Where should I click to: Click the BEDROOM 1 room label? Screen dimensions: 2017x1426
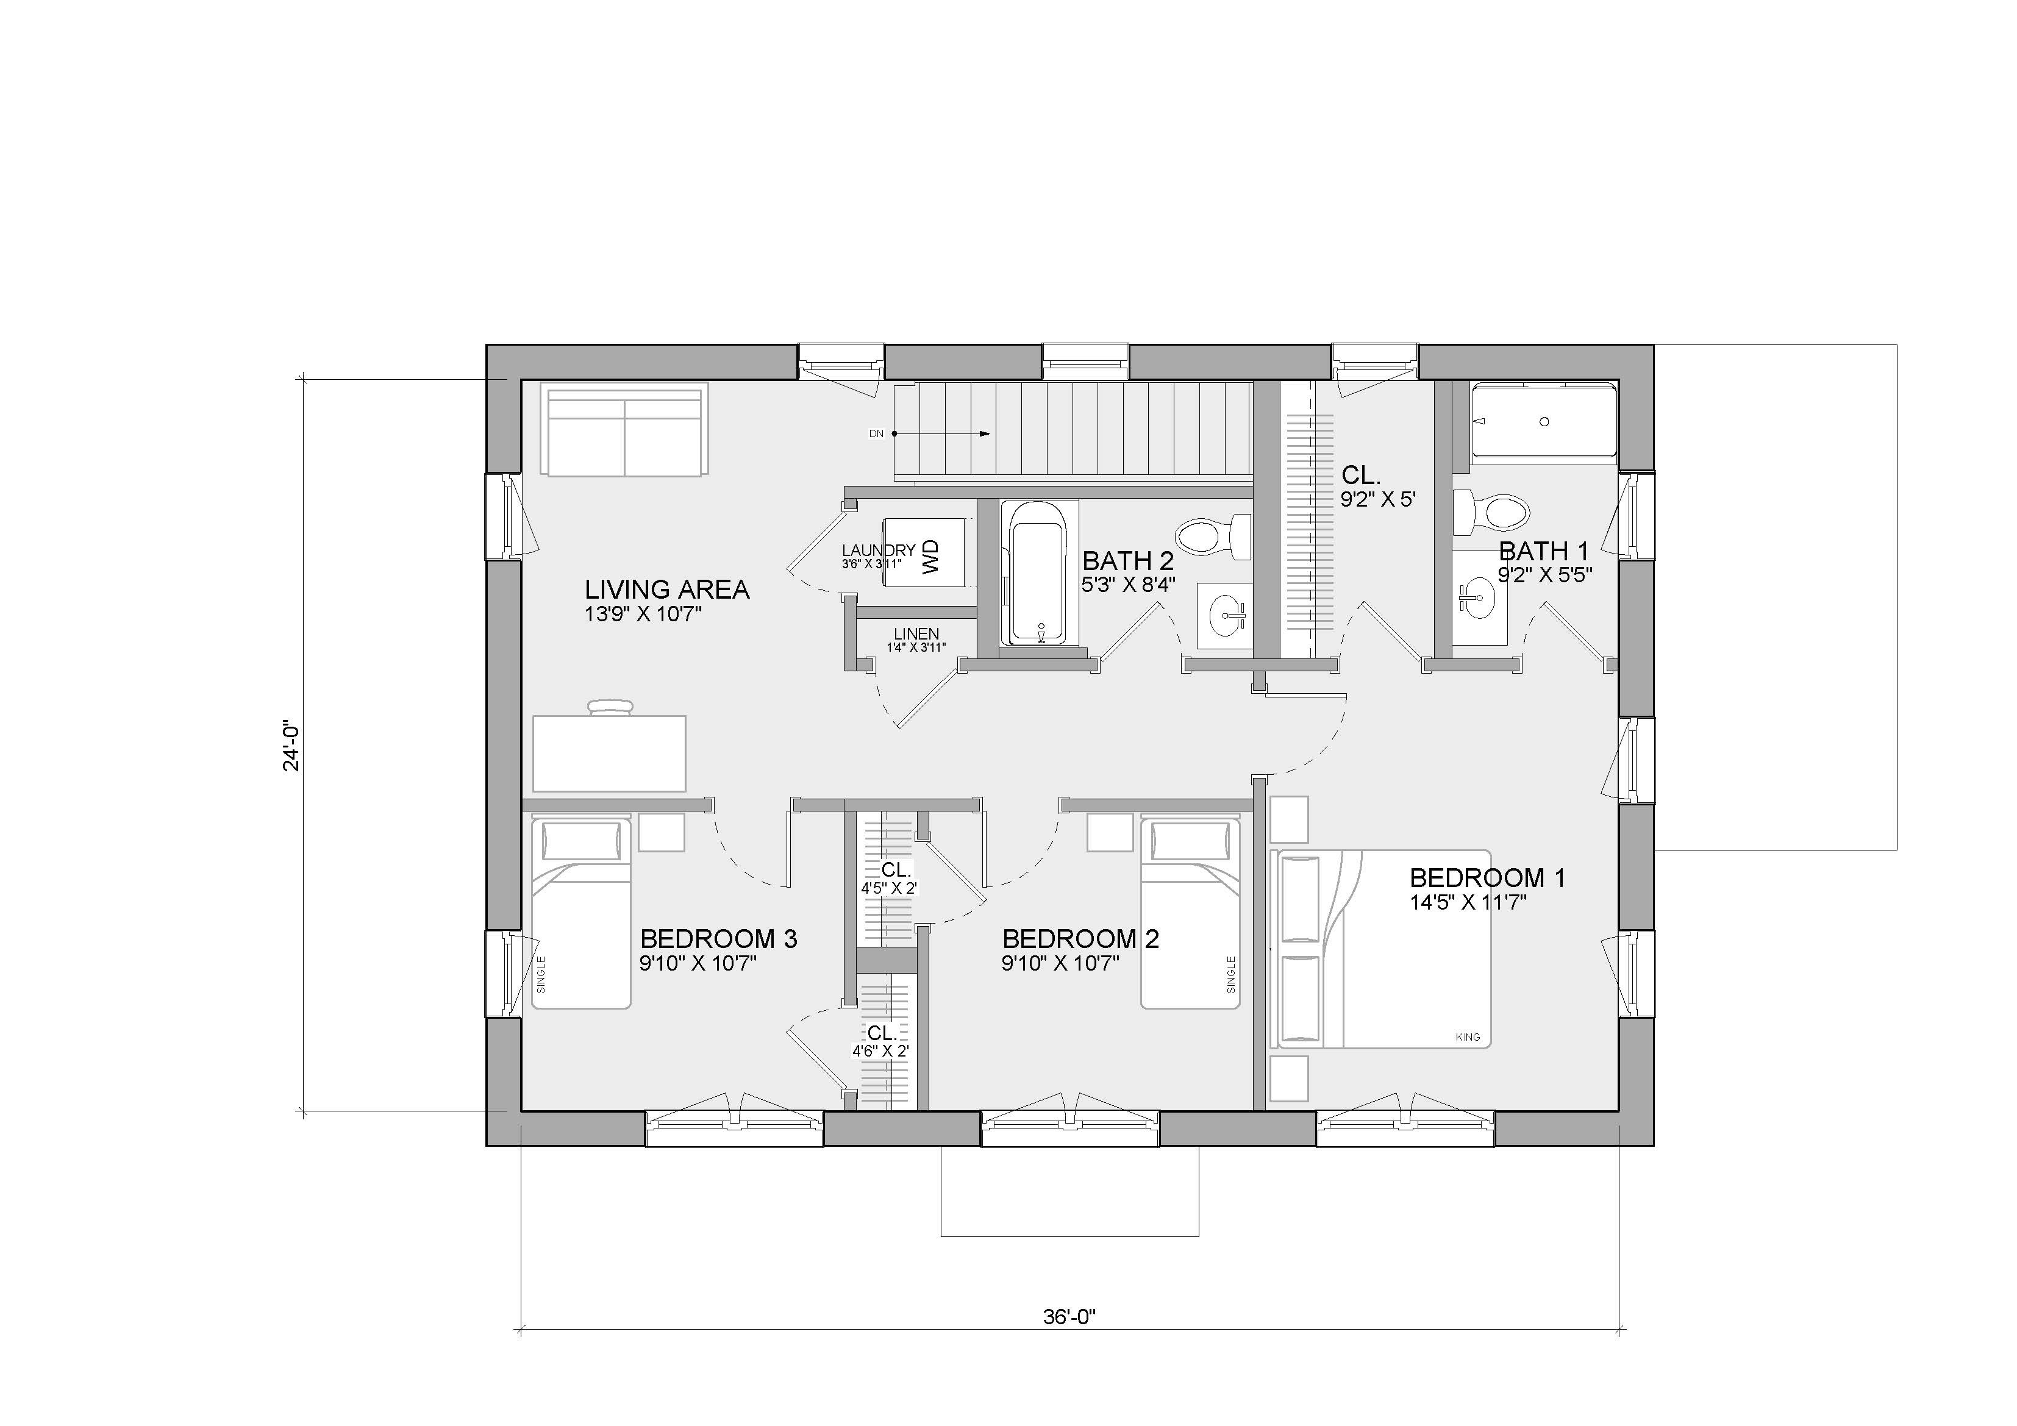click(1487, 877)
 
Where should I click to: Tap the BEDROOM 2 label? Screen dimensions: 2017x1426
click(1080, 938)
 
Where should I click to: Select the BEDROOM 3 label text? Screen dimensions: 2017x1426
click(719, 938)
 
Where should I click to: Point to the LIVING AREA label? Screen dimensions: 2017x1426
click(667, 589)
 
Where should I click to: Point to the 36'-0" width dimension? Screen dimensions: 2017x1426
click(1070, 1341)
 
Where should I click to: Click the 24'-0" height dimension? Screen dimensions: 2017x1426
click(291, 747)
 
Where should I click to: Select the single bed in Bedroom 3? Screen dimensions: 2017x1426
click(580, 912)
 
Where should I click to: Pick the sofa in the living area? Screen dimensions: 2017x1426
click(626, 430)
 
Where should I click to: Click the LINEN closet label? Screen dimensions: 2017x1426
click(916, 633)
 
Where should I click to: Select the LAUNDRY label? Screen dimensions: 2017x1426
click(879, 550)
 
